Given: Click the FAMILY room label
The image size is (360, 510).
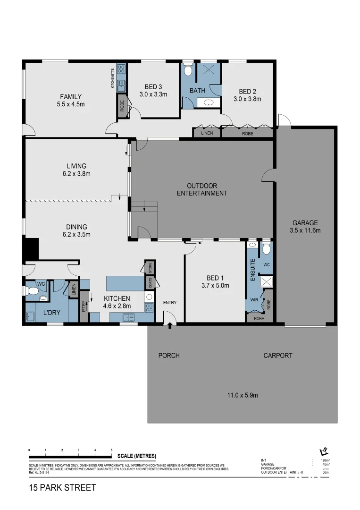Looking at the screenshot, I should [x=70, y=97].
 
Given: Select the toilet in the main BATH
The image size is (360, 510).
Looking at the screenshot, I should [x=188, y=70].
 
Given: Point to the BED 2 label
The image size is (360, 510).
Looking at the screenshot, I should [x=247, y=92].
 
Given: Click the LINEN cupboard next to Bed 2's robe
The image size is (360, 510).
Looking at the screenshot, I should [x=207, y=133].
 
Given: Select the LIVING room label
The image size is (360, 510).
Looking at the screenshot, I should [x=76, y=166].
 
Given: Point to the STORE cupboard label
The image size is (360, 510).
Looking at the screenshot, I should [x=151, y=268].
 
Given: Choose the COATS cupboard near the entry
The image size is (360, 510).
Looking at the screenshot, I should [x=151, y=282].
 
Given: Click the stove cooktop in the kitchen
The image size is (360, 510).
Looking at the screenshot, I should [x=149, y=307].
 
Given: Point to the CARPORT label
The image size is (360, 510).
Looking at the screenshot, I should [x=278, y=355].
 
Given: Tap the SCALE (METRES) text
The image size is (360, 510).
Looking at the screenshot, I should [x=137, y=456].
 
